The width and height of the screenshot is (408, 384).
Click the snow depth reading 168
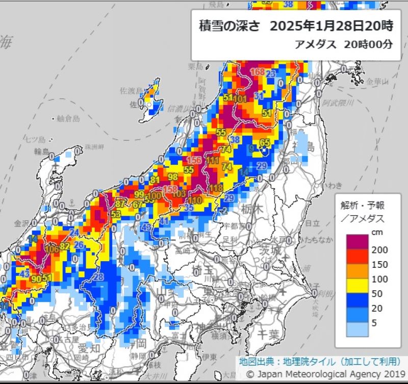point(258,72)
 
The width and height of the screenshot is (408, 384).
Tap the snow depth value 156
point(194,160)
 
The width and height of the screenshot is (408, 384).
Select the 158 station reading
point(170,190)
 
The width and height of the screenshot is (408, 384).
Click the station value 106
point(52,249)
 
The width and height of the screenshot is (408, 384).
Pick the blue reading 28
point(98,277)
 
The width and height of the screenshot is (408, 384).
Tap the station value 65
point(265,142)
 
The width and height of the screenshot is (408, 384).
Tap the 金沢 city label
point(22,223)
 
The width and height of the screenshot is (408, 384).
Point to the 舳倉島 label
point(68,118)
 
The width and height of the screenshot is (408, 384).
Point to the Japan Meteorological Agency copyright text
point(321,374)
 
